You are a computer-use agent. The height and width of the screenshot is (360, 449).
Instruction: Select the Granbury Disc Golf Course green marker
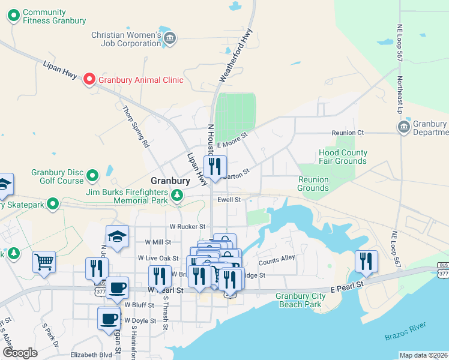(92, 176)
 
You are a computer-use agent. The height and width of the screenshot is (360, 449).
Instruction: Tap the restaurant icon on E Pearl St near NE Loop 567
(366, 261)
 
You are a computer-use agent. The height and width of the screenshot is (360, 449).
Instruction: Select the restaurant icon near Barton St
(214, 166)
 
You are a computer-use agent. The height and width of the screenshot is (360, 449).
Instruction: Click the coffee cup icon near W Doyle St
(109, 319)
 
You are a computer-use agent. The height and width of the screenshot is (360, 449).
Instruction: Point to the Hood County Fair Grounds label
(343, 157)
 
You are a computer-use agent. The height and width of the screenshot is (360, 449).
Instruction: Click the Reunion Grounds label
(314, 184)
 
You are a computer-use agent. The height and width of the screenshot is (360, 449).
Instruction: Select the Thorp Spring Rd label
(135, 127)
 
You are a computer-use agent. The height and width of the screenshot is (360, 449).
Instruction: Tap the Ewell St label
(229, 199)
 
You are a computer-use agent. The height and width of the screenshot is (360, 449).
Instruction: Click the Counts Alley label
(277, 262)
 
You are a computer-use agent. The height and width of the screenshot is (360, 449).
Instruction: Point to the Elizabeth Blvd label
(91, 355)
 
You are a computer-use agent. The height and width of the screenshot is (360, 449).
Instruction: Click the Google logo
(20, 353)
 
